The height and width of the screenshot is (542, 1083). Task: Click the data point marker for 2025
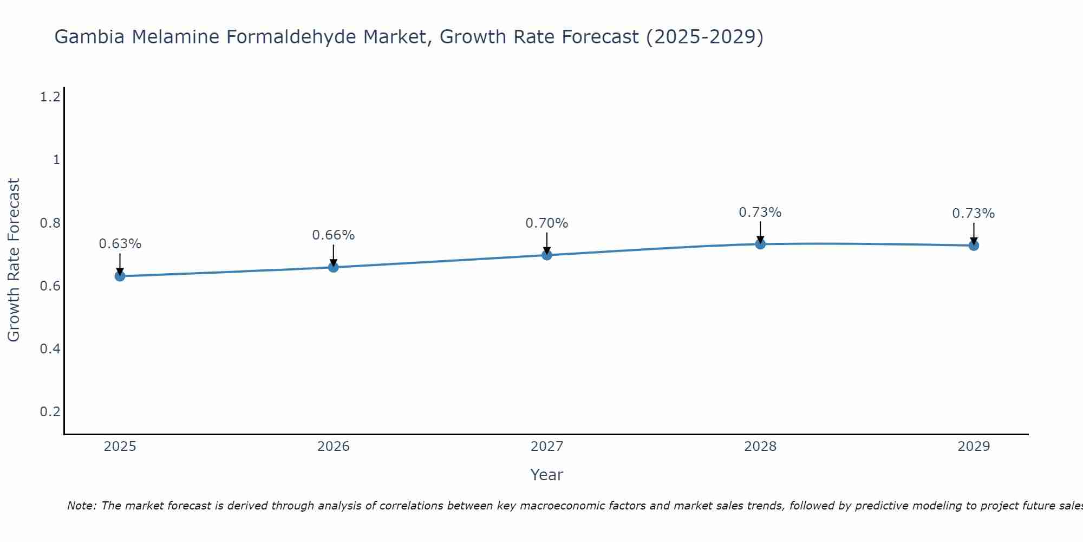[120, 276]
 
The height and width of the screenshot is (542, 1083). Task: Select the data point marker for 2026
[333, 267]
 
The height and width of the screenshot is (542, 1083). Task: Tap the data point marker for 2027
[547, 255]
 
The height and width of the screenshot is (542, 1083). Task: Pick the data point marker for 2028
[760, 244]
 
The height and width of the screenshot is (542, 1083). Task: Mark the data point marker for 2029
[974, 246]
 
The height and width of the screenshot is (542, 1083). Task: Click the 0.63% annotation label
[120, 244]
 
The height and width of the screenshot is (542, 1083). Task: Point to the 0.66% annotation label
[333, 235]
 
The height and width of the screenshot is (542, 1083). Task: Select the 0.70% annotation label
[547, 223]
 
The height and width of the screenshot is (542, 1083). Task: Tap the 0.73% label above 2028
[760, 212]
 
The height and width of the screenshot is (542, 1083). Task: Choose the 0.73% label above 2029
[974, 214]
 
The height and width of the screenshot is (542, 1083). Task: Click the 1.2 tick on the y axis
[50, 97]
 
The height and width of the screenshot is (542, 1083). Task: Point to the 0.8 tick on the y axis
[50, 223]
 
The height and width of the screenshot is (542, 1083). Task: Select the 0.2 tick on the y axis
[50, 411]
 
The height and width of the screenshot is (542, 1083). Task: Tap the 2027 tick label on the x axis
[547, 447]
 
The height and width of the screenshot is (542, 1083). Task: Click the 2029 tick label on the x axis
[974, 447]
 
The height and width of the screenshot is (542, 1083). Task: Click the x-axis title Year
[547, 475]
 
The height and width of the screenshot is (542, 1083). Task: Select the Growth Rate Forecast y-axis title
[14, 260]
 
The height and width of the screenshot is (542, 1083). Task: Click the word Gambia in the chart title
[90, 37]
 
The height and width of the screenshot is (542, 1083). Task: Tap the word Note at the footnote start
[81, 506]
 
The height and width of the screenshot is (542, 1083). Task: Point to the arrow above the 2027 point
[547, 243]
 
